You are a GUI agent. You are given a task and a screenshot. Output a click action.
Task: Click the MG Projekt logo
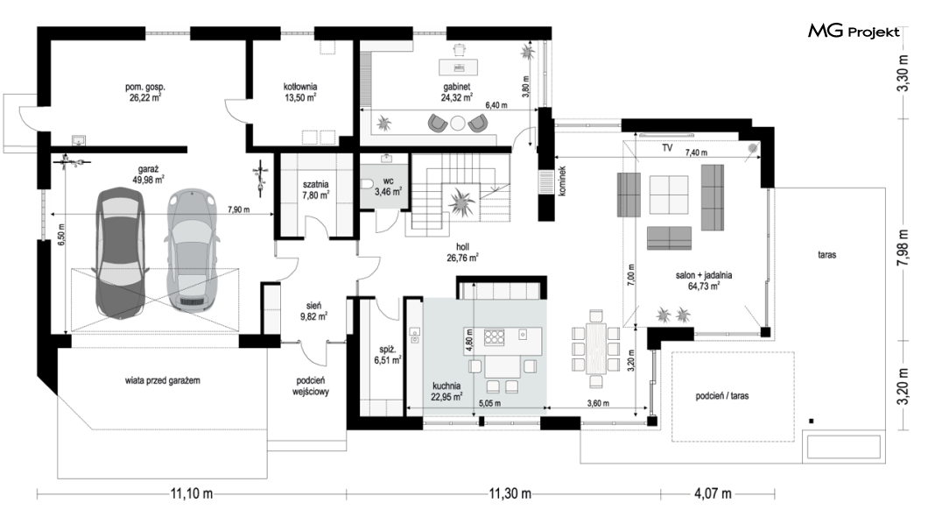click(854, 32)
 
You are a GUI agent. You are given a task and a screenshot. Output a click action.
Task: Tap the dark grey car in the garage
click(122, 252)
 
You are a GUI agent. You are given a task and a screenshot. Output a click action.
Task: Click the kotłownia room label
click(300, 87)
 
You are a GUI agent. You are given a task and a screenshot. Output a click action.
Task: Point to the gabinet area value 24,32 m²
click(456, 98)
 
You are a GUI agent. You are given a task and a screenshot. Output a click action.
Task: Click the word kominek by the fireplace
click(562, 181)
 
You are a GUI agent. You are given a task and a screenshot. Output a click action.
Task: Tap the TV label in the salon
click(667, 147)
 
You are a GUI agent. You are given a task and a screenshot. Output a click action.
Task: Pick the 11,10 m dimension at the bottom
click(192, 493)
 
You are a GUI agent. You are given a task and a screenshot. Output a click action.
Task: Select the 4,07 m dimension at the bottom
click(713, 493)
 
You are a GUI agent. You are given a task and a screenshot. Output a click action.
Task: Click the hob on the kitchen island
click(494, 337)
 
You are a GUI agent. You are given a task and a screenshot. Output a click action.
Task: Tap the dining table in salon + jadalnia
click(596, 348)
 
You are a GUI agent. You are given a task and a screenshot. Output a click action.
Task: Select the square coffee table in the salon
click(669, 195)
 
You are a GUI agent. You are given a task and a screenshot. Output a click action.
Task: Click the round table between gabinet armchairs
click(458, 124)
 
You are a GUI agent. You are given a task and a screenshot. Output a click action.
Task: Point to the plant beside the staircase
click(461, 202)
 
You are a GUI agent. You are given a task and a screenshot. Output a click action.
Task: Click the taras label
click(826, 255)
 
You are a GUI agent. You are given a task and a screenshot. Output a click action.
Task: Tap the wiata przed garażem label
click(162, 380)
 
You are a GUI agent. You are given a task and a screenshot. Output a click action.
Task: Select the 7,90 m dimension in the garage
click(238, 209)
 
